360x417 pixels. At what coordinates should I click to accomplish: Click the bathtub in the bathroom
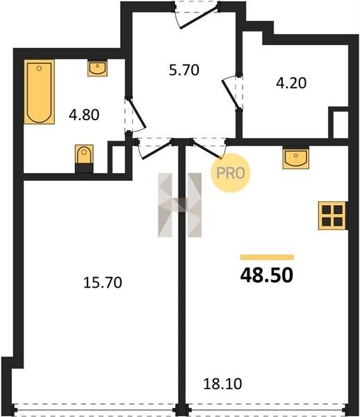[40, 92]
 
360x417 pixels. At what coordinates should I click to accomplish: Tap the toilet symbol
[84, 158]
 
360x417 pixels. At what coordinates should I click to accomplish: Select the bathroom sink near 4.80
[97, 68]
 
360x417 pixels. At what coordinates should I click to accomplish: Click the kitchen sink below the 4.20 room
[296, 158]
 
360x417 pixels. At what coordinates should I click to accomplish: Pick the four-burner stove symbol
[332, 215]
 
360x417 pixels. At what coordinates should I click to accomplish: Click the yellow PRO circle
[231, 173]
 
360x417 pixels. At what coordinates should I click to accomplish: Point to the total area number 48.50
[267, 275]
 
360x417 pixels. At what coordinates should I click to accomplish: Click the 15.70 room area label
[103, 282]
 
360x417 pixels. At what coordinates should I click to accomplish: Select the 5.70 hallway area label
[184, 70]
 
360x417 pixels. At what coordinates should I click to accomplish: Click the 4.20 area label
[291, 83]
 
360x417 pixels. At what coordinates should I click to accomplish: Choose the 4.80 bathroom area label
[84, 115]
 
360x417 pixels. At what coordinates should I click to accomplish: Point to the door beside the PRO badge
[208, 149]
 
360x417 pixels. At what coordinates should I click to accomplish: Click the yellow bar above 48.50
[267, 257]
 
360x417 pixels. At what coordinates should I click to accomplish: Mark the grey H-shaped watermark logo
[180, 205]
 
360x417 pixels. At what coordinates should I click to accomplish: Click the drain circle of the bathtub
[39, 69]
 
